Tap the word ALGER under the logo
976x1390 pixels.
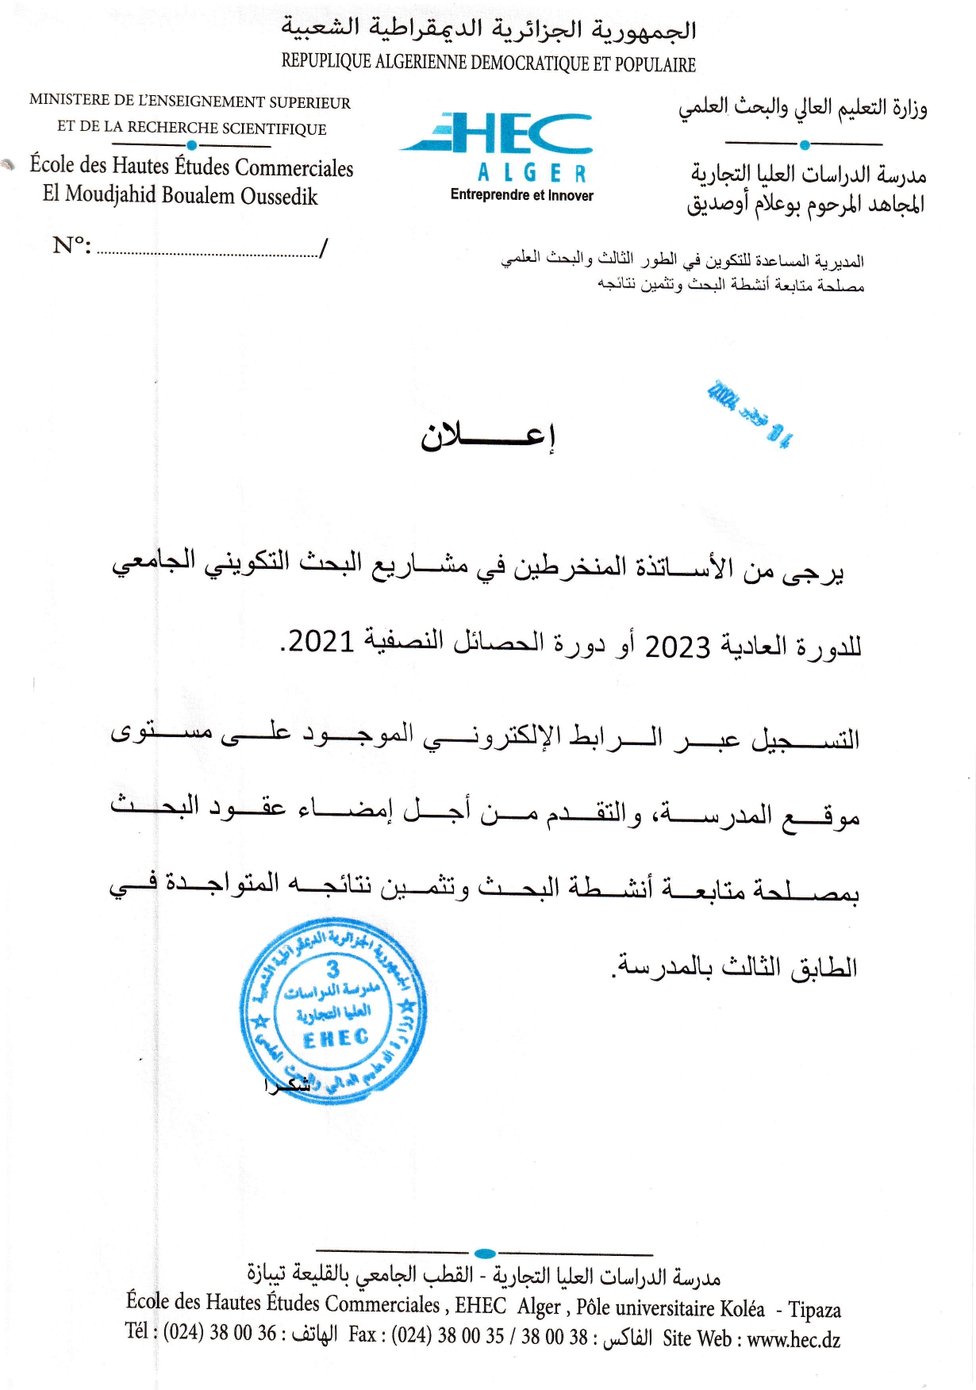(x=532, y=174)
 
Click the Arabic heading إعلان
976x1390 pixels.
(x=487, y=435)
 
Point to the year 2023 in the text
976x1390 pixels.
(x=677, y=647)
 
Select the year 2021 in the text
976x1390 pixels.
(x=321, y=641)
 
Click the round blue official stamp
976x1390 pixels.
(x=333, y=1011)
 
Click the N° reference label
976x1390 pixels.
(x=71, y=245)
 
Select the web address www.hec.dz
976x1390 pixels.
(x=793, y=1340)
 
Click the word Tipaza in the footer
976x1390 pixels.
(x=815, y=1310)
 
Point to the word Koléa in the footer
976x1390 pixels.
(x=743, y=1309)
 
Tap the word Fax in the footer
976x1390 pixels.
(x=362, y=1334)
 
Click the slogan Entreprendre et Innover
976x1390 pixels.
(x=521, y=195)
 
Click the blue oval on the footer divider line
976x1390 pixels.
(x=484, y=1254)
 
